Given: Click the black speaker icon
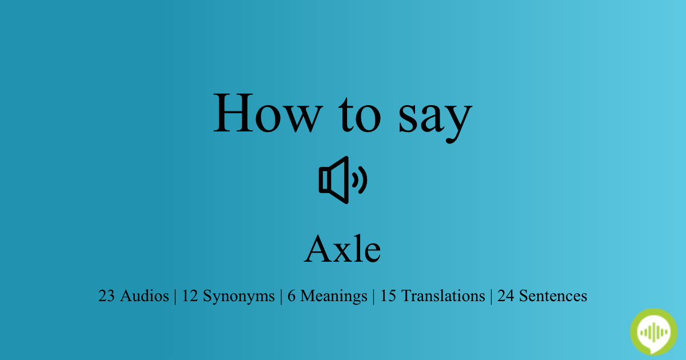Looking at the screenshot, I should coord(342,180).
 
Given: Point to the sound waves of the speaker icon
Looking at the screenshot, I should coord(360,180).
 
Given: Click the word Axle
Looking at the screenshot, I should coord(342,250).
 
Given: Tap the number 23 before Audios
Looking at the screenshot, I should coord(106,296).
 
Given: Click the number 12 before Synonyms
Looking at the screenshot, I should coord(190,296).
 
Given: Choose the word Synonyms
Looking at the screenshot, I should coord(239,297).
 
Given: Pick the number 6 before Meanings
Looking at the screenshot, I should coord(291,296).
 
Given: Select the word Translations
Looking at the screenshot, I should coord(442,296).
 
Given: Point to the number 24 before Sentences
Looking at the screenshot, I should coord(505,296).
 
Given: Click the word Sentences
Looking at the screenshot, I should coord(552,296).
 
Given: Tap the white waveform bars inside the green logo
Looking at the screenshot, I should coord(653,331).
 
